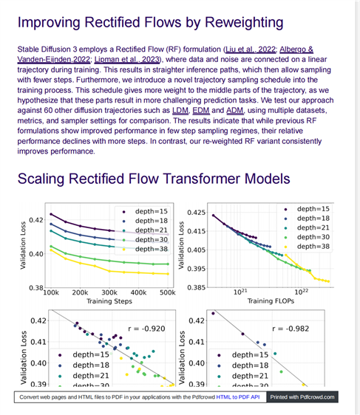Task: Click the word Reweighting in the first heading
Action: point(244,23)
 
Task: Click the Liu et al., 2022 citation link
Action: point(251,49)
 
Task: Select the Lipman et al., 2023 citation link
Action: point(127,60)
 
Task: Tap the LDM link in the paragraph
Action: point(180,110)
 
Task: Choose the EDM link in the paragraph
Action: point(201,110)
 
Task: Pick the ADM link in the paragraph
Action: point(234,110)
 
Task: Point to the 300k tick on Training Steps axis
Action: point(109,292)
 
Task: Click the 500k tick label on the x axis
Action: point(168,292)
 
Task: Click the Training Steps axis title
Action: point(109,301)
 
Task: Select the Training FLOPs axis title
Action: point(271,301)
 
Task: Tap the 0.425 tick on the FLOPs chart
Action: point(197,213)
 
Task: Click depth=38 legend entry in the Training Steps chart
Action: point(146,249)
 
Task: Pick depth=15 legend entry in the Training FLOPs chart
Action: point(308,209)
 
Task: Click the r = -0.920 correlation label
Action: point(146,329)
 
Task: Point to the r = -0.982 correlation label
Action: point(291,329)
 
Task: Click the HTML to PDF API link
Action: point(238,397)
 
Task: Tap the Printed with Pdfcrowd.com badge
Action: point(302,397)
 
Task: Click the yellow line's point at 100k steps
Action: point(51,250)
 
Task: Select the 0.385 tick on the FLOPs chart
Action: point(197,287)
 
